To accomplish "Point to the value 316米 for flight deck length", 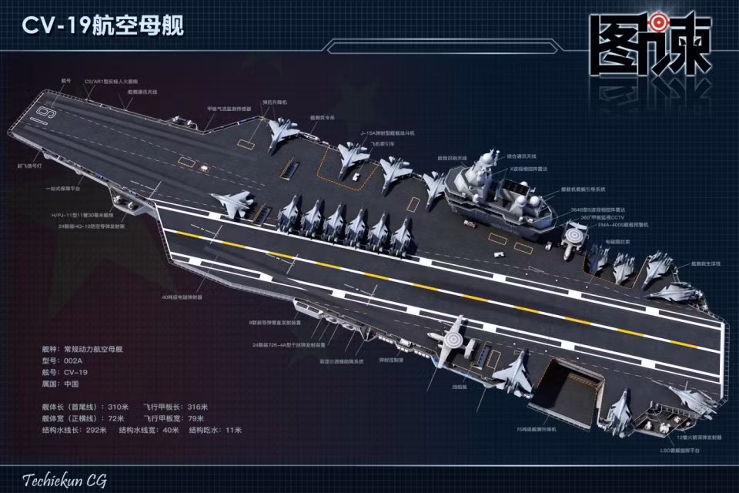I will (x=196, y=407).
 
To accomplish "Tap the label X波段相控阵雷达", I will (x=527, y=167).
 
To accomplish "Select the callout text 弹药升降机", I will (x=275, y=101).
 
